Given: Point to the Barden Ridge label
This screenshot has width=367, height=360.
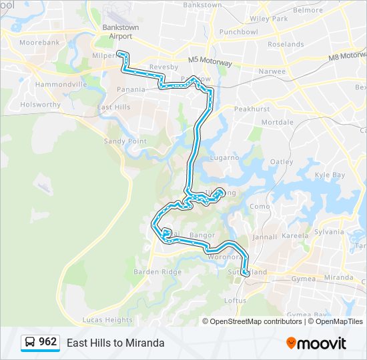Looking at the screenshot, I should pyautogui.click(x=157, y=271).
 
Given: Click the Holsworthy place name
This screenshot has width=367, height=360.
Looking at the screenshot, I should pyautogui.click(x=40, y=105).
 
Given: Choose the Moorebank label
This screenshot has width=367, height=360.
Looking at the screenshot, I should pyautogui.click(x=39, y=42).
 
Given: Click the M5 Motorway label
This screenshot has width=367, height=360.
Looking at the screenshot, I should pyautogui.click(x=210, y=61).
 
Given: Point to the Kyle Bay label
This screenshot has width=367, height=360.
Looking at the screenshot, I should pyautogui.click(x=330, y=175).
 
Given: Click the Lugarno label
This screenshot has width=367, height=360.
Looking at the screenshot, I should pyautogui.click(x=224, y=158).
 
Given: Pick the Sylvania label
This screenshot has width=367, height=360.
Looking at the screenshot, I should pyautogui.click(x=330, y=231).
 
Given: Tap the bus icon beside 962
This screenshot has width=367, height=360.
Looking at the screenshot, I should pyautogui.click(x=30, y=343).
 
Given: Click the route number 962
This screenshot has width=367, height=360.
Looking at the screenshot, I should pyautogui.click(x=48, y=342).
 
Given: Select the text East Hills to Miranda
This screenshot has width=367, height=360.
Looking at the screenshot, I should pyautogui.click(x=115, y=343).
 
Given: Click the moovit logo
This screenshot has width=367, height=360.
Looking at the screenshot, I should pyautogui.click(x=316, y=343).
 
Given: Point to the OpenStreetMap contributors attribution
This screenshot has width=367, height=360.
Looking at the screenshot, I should pyautogui.click(x=256, y=321).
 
